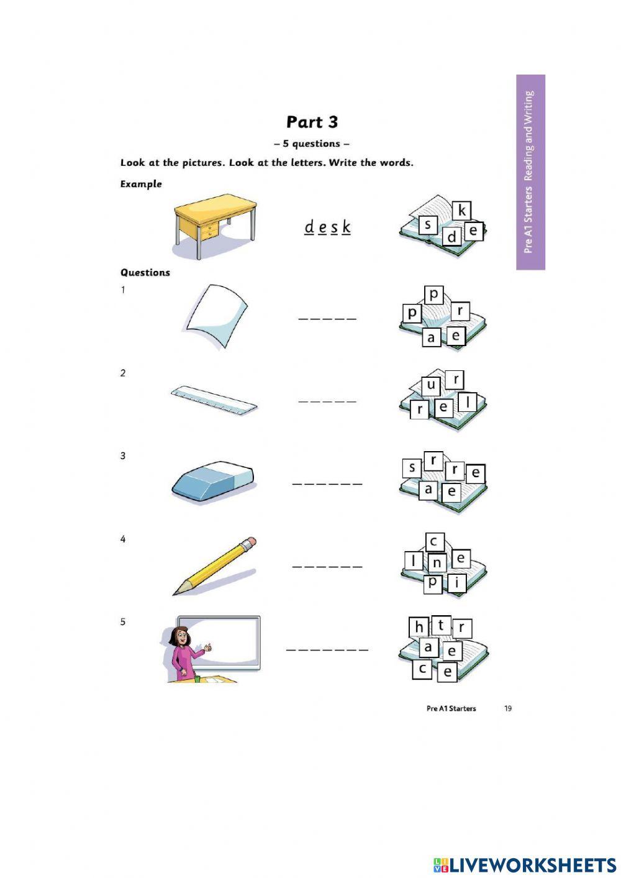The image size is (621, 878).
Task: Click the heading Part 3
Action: point(312,122)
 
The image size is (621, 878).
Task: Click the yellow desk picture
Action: point(214,224)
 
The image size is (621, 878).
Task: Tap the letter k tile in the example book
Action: point(461,211)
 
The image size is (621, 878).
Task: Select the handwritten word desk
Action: point(327,227)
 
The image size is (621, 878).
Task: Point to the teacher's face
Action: point(180,638)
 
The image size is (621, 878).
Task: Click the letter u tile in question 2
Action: point(431,385)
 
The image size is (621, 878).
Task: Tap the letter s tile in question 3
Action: point(412,467)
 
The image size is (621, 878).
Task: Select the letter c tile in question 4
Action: point(434,542)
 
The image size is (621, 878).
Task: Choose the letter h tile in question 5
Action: point(419,627)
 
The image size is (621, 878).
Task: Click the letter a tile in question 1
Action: point(431,338)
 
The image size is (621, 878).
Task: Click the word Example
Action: point(141,184)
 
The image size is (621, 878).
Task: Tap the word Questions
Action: point(145,272)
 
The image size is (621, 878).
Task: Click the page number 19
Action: point(508,708)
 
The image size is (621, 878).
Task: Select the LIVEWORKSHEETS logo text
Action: point(531,864)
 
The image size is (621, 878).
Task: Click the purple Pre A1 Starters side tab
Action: point(530,172)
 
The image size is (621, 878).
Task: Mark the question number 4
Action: point(122,539)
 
